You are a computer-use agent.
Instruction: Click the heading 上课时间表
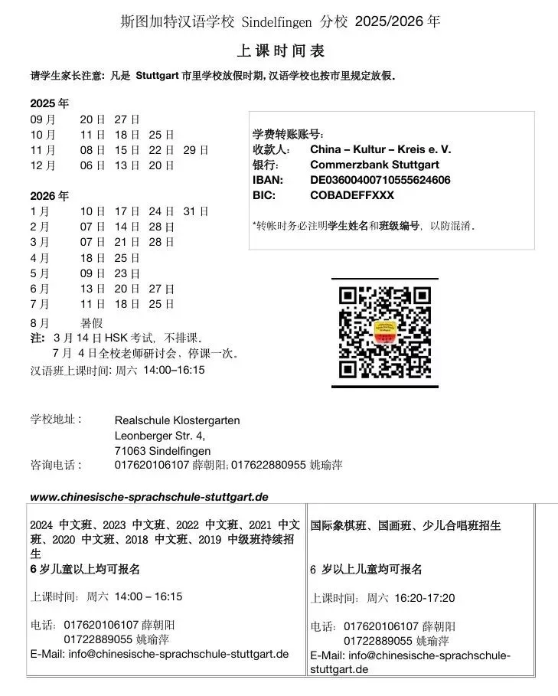282,51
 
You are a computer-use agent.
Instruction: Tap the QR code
385,333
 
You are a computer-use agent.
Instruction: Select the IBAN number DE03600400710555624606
380,180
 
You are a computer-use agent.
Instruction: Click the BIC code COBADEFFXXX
352,195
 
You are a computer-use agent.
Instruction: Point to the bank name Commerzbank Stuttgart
373,165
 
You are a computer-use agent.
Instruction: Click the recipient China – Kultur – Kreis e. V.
380,149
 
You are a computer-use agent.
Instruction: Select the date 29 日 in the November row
196,149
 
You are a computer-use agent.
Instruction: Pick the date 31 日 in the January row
196,211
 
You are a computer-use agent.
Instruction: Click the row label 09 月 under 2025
43,119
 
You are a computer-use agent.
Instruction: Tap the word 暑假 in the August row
91,323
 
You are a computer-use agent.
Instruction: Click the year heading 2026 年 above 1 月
49,196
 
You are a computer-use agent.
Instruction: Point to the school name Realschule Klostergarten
177,420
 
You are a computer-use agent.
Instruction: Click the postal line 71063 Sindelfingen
162,451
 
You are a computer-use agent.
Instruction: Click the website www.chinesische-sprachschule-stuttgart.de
148,497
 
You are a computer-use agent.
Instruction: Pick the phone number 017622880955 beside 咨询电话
269,465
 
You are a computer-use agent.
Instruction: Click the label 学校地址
55,420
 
